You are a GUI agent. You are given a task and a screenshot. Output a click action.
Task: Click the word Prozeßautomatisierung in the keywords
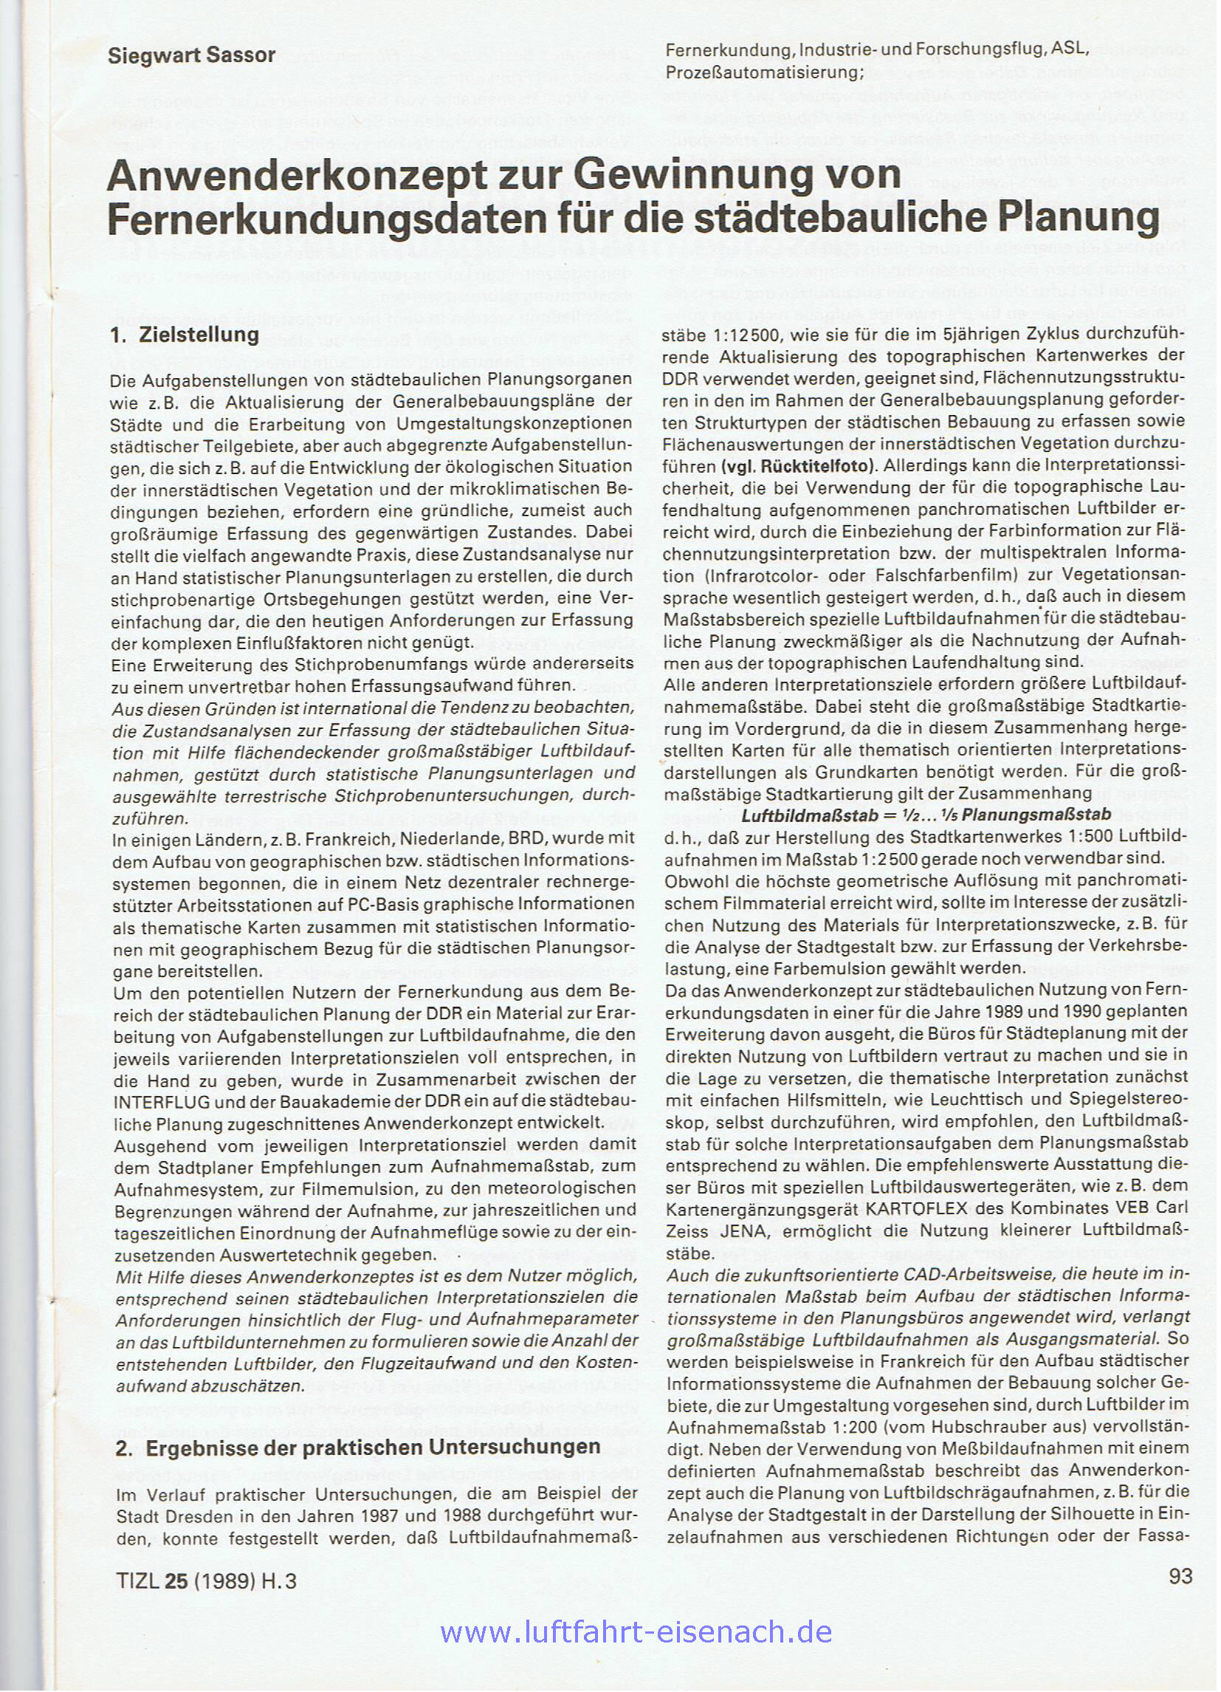pos(763,72)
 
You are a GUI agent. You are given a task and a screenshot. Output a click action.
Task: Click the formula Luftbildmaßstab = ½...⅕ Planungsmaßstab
pos(926,814)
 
